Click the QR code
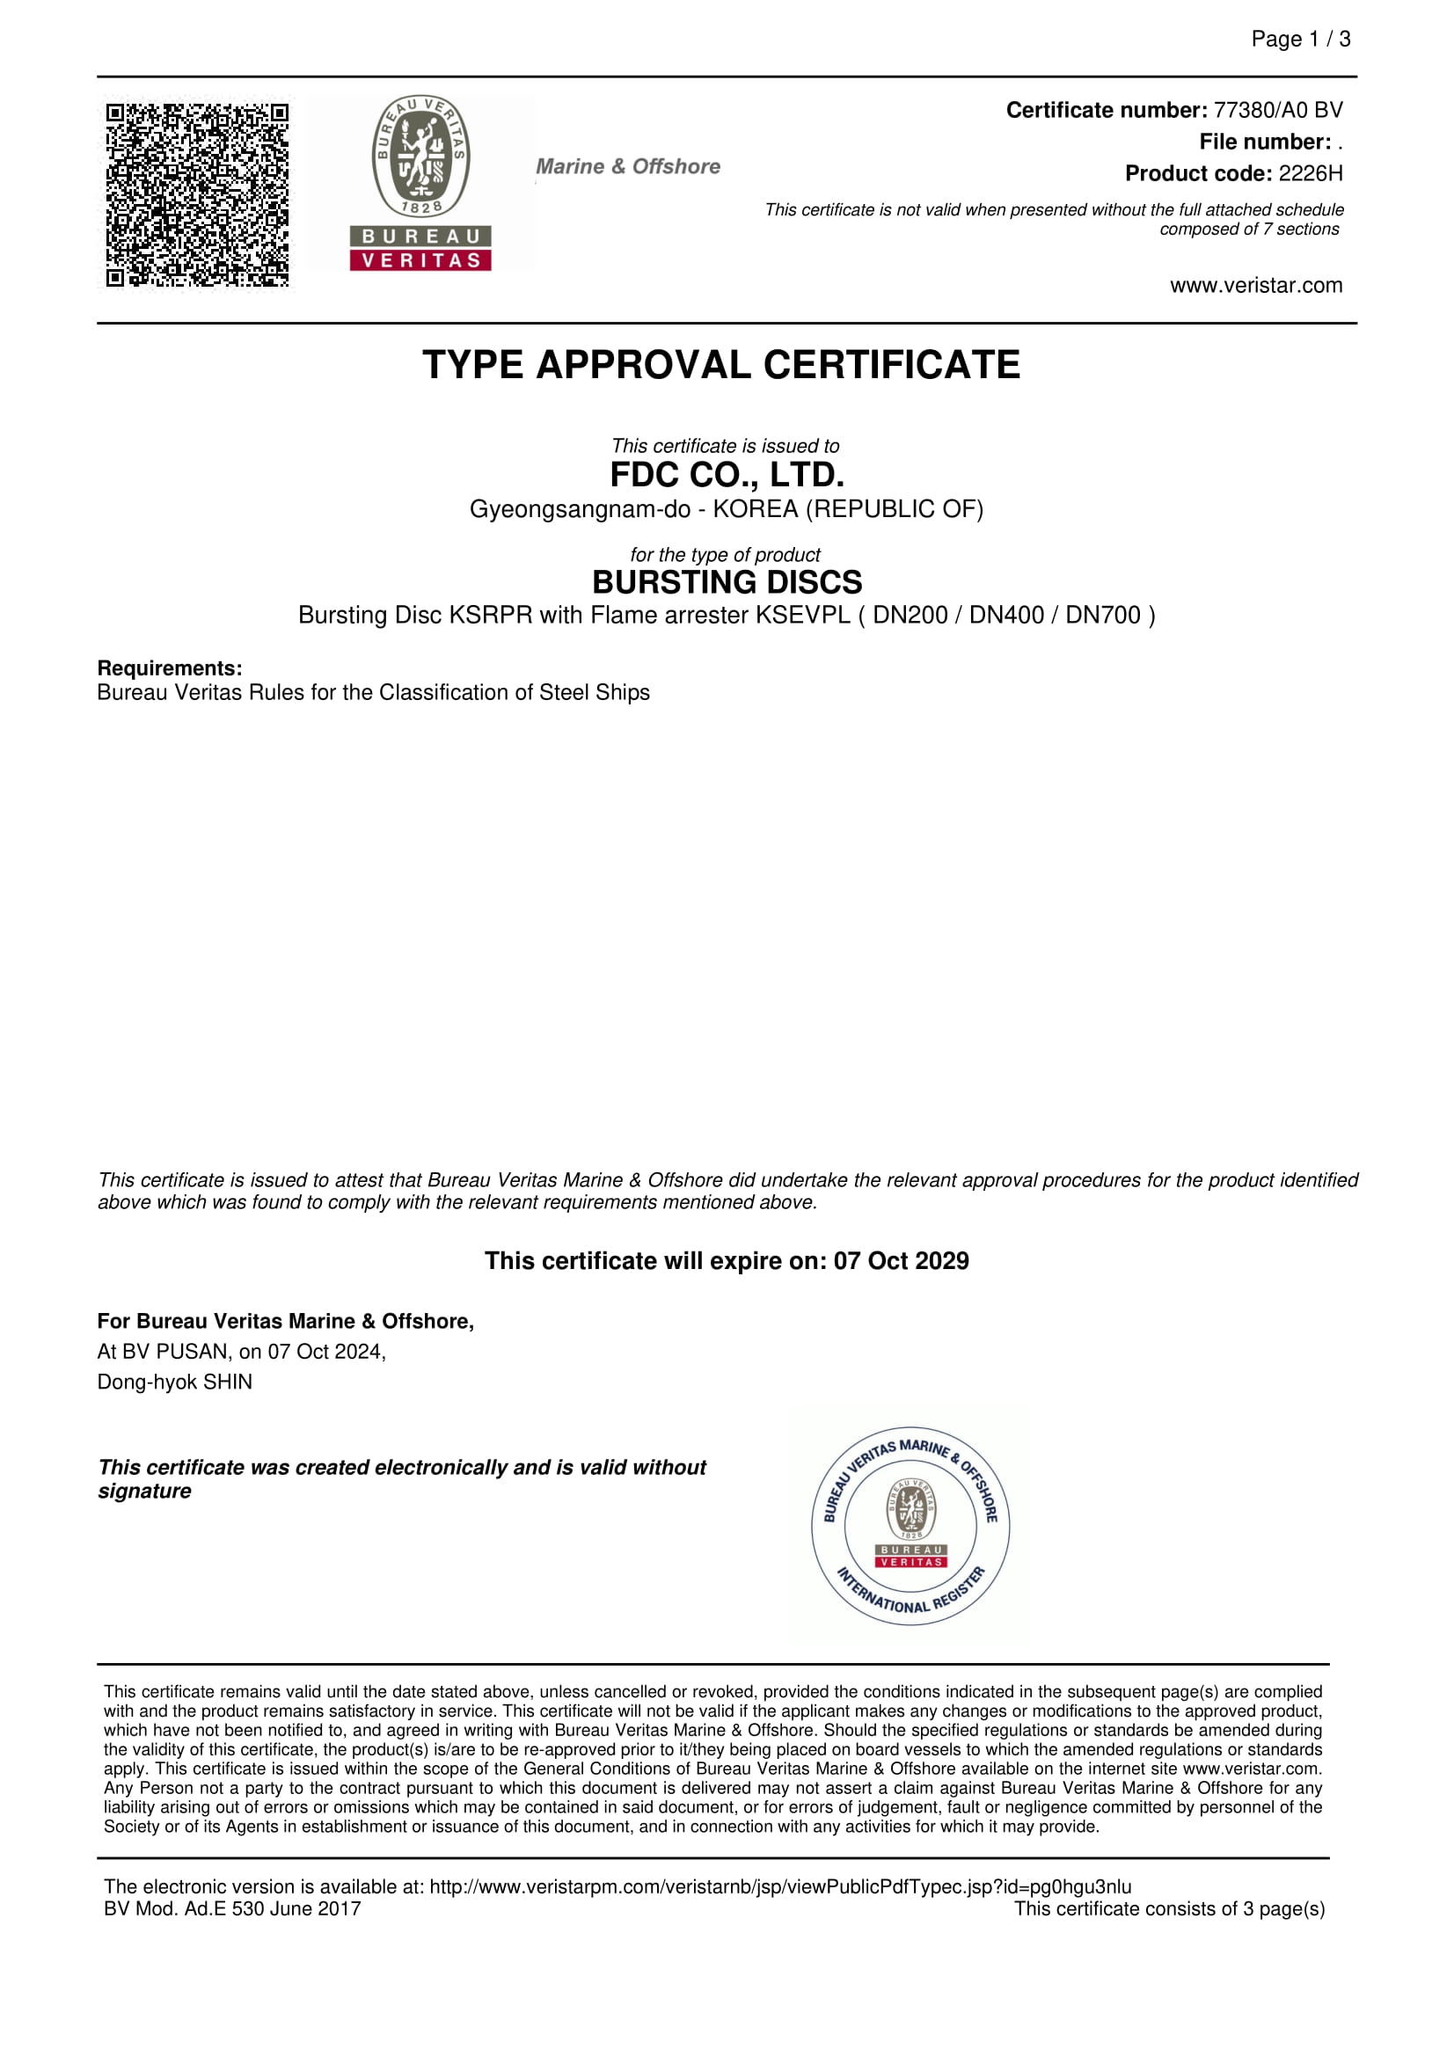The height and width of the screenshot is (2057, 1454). point(197,194)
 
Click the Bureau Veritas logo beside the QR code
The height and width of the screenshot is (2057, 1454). point(420,183)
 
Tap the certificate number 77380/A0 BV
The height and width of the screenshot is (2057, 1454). point(1277,110)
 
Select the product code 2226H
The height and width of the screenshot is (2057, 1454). point(1310,174)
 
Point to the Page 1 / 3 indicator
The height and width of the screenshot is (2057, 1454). point(1300,40)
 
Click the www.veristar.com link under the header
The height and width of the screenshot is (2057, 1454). point(1256,286)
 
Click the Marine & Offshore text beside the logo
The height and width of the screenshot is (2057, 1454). point(628,166)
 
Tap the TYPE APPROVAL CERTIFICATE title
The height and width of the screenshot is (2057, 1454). point(721,366)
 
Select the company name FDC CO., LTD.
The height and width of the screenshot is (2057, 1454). point(727,475)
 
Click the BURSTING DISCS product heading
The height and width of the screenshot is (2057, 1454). point(727,582)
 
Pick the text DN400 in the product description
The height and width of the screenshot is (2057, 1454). point(1006,616)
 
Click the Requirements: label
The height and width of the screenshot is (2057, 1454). point(169,668)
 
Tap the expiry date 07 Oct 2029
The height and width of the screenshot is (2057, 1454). point(902,1260)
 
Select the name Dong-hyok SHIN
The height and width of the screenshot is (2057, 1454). point(175,1382)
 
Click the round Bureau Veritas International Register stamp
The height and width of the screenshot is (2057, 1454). point(910,1527)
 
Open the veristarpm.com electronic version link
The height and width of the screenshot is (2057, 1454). point(779,1886)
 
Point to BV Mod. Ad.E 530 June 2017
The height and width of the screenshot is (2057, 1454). point(232,1909)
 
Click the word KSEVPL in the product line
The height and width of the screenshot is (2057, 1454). point(803,616)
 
